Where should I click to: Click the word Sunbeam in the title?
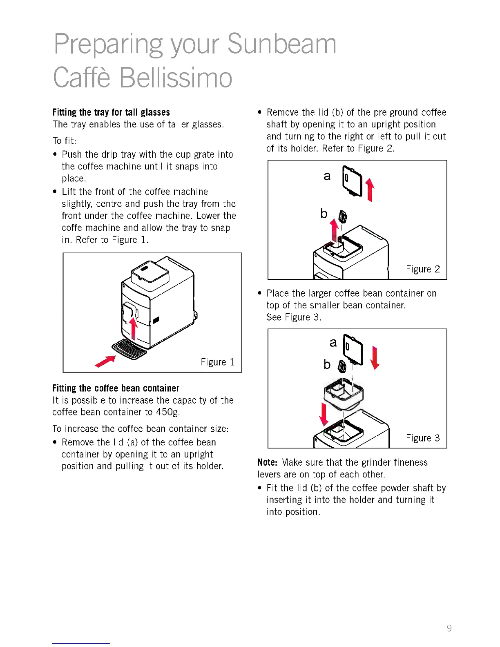pos(281,44)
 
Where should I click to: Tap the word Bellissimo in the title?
pos(176,78)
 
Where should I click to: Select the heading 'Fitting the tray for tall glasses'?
pos(111,112)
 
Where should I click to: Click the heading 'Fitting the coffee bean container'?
pos(116,388)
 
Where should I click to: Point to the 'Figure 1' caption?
pos(217,362)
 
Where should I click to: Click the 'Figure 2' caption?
pos(423,269)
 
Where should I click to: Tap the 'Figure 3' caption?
pos(423,438)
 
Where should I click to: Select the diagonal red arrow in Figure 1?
pos(105,361)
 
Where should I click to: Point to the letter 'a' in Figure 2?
pos(327,176)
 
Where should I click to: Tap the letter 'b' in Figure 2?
pos(324,213)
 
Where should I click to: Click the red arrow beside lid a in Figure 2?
pos(370,190)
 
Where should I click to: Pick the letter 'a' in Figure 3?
pos(333,342)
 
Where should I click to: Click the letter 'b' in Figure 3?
pos(327,364)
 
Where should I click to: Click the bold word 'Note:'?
pos(268,462)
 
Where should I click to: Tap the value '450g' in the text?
pos(167,412)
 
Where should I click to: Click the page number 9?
pos(449,628)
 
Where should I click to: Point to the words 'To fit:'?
pos(65,141)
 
